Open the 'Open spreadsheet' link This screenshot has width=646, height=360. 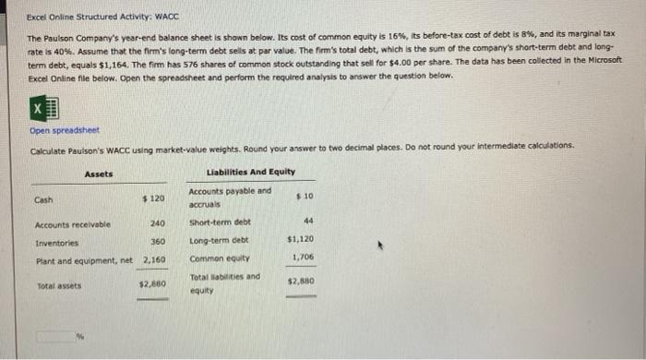64,130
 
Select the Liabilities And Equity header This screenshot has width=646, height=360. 251,173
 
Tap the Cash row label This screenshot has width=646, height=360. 43,199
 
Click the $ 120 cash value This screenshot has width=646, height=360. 153,199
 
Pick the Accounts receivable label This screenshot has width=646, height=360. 72,223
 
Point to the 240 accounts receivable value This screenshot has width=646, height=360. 157,223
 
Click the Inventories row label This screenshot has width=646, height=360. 55,242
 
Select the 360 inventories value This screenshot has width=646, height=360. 157,242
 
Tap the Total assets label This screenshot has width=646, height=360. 58,286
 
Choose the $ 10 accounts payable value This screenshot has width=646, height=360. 305,197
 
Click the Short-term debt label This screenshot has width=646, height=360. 220,222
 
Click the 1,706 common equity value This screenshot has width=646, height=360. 303,258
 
